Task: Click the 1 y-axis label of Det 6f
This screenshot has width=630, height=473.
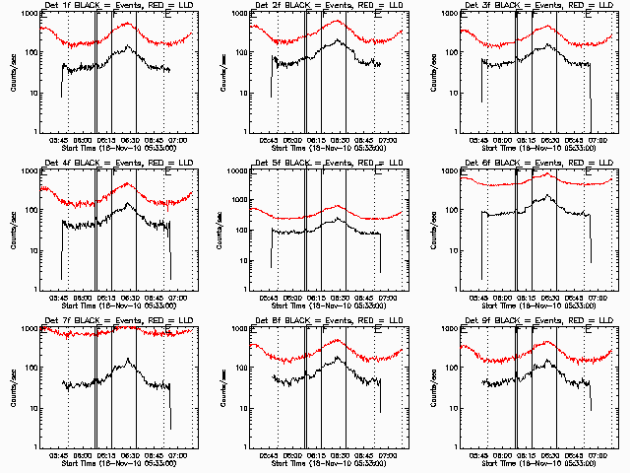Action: tap(455, 290)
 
